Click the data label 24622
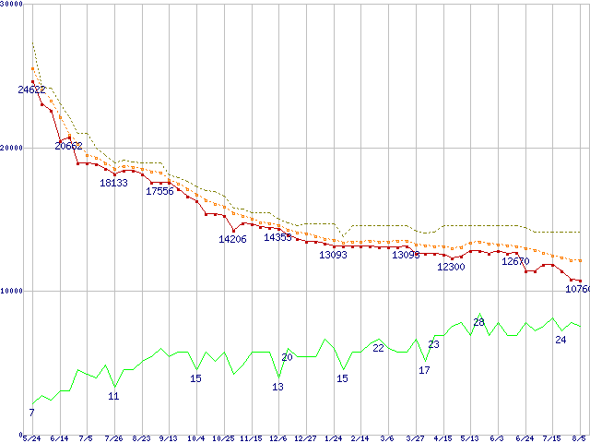[31, 90]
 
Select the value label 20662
[68, 146]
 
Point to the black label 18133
[113, 183]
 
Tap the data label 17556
[159, 191]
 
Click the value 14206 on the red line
[232, 239]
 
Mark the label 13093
[333, 255]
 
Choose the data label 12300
[451, 267]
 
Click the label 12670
[515, 261]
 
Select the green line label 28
[478, 322]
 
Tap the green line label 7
[31, 413]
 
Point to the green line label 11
[113, 396]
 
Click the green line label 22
[378, 348]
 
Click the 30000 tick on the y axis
[13, 6]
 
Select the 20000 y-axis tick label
[13, 148]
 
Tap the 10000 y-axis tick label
[13, 291]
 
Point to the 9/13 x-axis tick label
[168, 438]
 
